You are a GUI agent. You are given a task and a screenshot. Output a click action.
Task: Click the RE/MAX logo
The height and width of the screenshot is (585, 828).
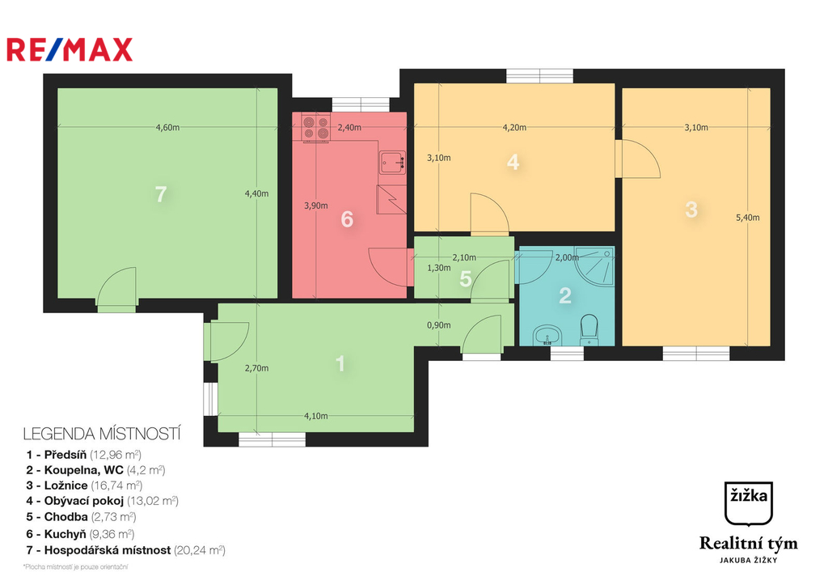coord(70,49)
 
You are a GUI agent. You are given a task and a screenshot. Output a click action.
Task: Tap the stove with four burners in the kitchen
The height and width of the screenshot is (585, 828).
coord(316,127)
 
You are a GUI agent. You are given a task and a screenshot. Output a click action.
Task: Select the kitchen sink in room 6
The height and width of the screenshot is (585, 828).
coord(392,163)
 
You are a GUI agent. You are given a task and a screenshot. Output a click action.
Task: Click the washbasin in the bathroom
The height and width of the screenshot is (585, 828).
coord(547,335)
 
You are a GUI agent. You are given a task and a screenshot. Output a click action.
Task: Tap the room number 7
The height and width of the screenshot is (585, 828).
coord(161,194)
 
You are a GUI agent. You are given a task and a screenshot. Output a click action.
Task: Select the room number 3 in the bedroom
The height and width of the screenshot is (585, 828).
coord(691,210)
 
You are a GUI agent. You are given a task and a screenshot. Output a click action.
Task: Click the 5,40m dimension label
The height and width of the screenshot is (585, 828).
coord(748,217)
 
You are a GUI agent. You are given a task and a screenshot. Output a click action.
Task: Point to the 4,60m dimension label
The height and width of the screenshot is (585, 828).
coord(167,127)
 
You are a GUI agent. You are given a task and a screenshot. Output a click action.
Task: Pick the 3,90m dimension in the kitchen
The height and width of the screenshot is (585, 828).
coord(316,206)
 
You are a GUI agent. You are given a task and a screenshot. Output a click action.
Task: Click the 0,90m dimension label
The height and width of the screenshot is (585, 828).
coord(439,325)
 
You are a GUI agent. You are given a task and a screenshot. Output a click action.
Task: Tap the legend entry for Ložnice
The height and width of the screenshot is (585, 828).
coord(84,485)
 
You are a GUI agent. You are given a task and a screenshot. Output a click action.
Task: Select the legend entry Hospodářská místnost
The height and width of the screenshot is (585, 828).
coord(125,550)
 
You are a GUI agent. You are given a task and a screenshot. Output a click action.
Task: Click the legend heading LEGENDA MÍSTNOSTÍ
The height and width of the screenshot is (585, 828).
coord(102,434)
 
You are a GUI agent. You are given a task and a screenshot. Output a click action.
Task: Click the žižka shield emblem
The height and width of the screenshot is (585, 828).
coord(748,503)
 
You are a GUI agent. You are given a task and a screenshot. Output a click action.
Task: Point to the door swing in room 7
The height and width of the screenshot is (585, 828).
coord(117,286)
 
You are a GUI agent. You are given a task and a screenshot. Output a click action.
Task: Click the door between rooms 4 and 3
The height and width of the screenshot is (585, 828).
coord(638,159)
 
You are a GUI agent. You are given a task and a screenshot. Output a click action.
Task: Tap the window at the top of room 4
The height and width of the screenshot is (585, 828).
coord(539,76)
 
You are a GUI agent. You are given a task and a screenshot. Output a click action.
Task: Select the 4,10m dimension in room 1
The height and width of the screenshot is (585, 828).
coord(316,416)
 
